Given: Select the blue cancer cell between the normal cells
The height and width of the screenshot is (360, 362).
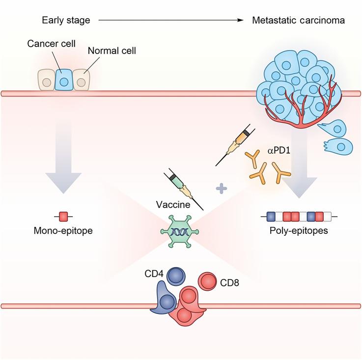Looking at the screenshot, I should click(63, 80).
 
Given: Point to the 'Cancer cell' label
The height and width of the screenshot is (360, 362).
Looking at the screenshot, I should click(48, 43).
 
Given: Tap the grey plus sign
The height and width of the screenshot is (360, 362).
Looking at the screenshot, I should click(223, 188).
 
